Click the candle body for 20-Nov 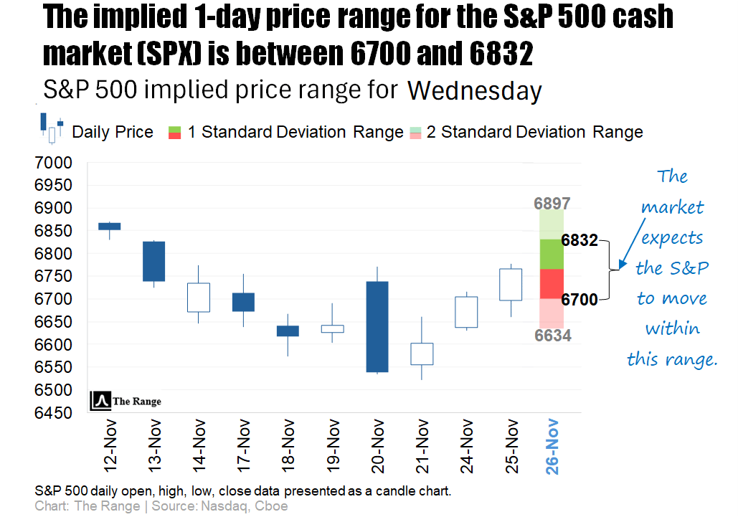(377, 326)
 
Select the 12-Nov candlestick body (109, 226)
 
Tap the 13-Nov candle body (153, 261)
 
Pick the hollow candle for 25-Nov (510, 284)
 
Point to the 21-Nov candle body (421, 354)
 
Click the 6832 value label (579, 241)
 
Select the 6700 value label (579, 300)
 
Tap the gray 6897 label (553, 204)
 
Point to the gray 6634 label (553, 335)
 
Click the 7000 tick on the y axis (53, 163)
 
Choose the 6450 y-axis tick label (53, 413)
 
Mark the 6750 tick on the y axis (53, 277)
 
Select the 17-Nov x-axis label (243, 446)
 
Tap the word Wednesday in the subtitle (474, 91)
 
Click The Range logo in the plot (126, 402)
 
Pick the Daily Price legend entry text (113, 132)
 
